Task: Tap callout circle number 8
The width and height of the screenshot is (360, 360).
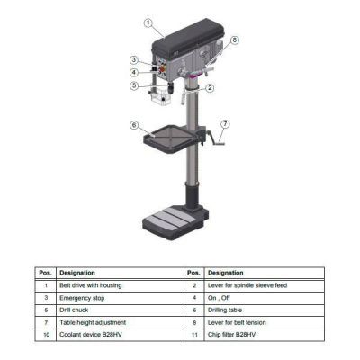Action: [234, 40]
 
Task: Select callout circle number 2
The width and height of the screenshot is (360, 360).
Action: [209, 87]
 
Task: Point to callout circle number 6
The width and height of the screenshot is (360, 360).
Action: [133, 125]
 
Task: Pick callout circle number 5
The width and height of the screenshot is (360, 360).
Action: [133, 85]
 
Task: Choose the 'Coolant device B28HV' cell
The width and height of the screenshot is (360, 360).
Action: [92, 333]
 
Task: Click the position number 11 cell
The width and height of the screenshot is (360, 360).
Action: [193, 333]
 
